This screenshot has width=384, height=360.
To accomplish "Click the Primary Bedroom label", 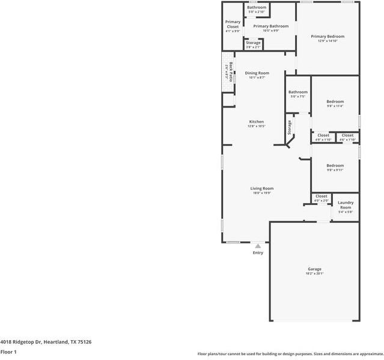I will (328, 37).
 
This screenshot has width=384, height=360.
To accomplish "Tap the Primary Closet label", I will (233, 25).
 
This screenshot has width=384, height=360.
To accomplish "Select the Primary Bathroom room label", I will (270, 26).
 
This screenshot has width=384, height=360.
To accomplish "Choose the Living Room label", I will (262, 189).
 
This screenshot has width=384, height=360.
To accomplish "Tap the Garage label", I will (315, 269).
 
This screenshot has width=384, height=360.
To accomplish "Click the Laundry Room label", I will (346, 205).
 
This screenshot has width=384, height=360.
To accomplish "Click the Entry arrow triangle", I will (258, 245).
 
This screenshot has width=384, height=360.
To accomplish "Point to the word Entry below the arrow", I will (258, 253).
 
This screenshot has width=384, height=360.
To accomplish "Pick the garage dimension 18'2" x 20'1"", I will (315, 274).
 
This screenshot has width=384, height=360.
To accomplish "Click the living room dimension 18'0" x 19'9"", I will (262, 194).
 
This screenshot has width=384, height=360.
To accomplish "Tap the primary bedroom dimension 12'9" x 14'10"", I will (328, 41).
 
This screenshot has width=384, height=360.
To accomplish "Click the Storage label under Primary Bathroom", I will (253, 43).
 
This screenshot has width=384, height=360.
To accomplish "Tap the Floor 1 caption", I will (8, 352).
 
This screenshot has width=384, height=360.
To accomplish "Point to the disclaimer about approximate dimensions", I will (290, 355).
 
